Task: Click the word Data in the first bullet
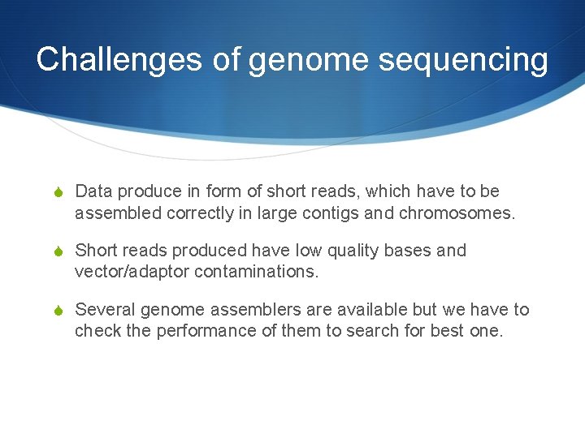tap(93, 191)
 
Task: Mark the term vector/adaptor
tap(132, 273)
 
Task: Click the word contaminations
tap(257, 273)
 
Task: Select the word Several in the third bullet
tap(105, 310)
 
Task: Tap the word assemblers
tap(236, 310)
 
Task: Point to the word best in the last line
tap(448, 331)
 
